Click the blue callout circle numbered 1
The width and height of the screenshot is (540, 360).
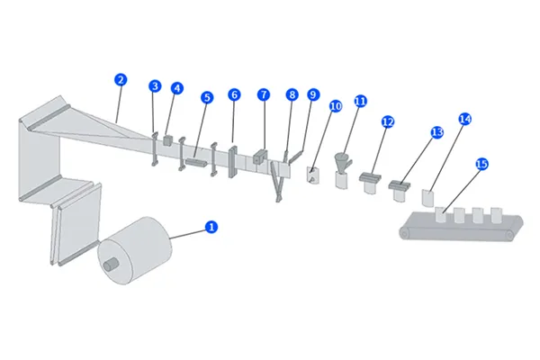click(x=211, y=227)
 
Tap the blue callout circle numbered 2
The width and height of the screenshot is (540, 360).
click(x=121, y=79)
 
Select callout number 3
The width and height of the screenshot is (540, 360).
click(x=155, y=86)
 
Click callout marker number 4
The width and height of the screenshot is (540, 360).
click(x=176, y=88)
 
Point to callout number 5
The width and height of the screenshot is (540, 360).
click(x=206, y=96)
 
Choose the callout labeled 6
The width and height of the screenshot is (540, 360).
click(x=234, y=94)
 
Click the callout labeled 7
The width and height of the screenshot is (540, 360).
click(x=263, y=94)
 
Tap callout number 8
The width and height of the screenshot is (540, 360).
click(x=292, y=94)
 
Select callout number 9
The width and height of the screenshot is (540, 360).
click(x=312, y=94)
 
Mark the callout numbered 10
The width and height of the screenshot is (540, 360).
click(x=335, y=105)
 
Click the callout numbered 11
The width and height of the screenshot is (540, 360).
click(x=360, y=101)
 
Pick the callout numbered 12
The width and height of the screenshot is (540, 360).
click(x=388, y=121)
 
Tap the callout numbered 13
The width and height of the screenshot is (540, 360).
click(x=436, y=131)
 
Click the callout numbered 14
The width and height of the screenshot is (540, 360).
click(x=464, y=118)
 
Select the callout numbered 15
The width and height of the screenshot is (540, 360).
click(x=481, y=164)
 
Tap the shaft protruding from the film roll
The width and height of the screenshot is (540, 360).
click(x=112, y=265)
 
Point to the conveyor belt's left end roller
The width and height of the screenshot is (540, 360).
click(x=405, y=234)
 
